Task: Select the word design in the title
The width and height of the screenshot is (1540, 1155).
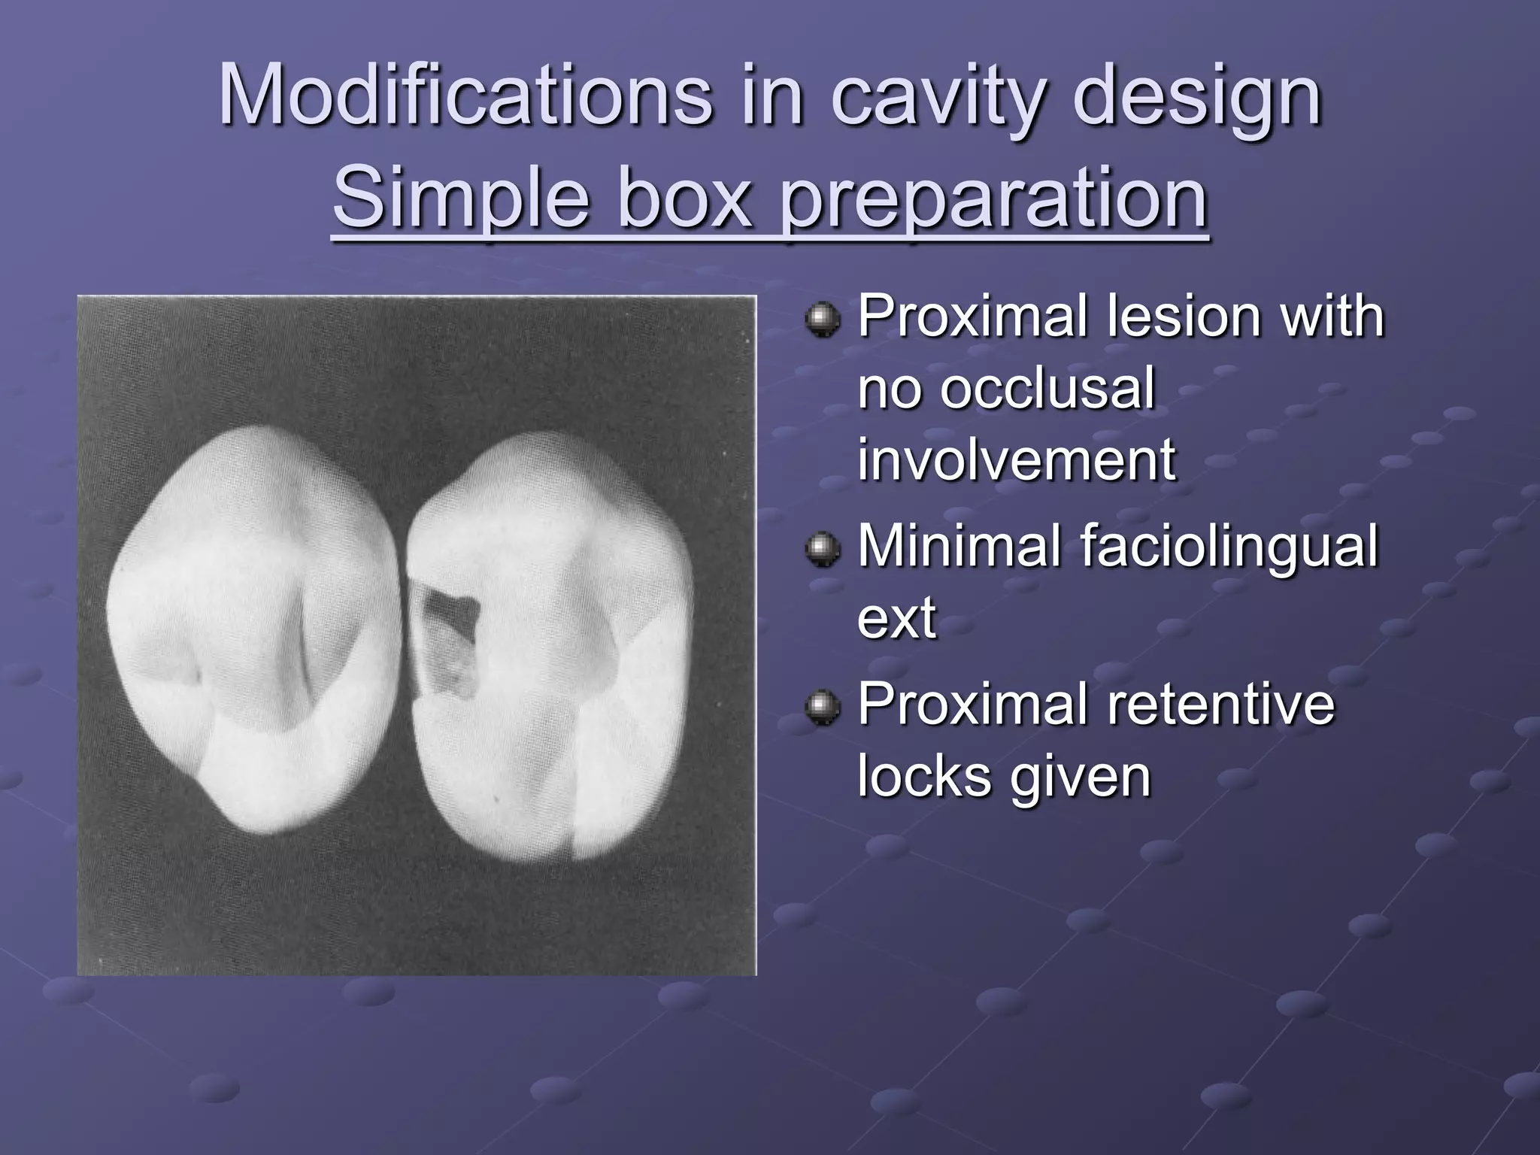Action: (1196, 98)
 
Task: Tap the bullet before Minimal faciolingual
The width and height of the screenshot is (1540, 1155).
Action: (822, 550)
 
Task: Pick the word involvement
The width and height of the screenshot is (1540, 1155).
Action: (1016, 459)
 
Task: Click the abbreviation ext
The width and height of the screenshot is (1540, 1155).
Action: (896, 618)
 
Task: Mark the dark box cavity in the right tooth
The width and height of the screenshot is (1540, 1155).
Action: (449, 635)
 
